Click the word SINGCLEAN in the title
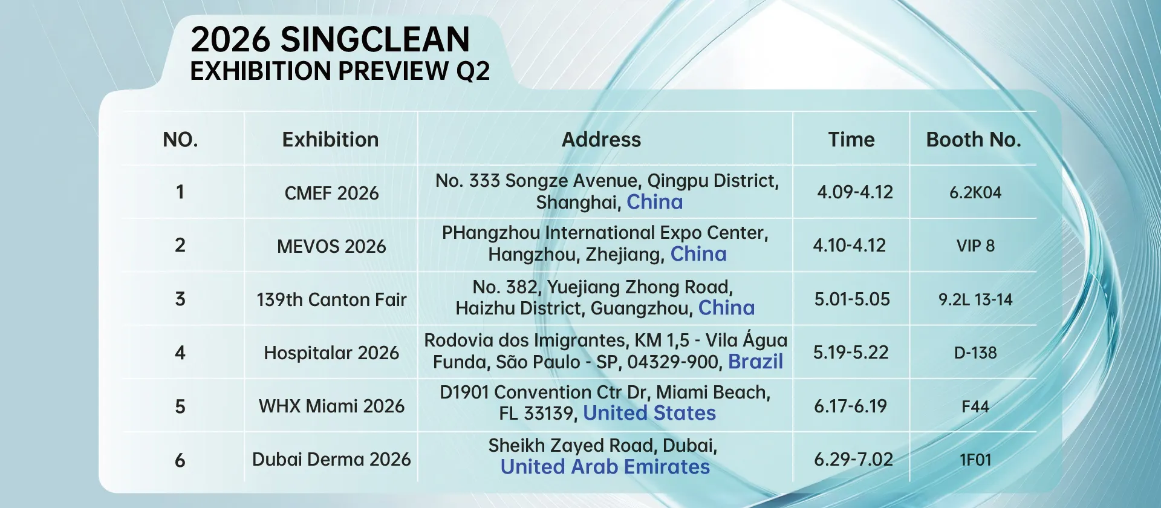pos(375,40)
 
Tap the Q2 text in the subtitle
pos(473,71)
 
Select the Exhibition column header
pos(330,140)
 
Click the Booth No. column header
pos(974,140)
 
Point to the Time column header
pos(851,140)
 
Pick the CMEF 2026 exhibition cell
pos(331,193)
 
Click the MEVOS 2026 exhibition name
pos(331,246)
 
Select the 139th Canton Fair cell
pos(331,299)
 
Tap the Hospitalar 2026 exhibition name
pos(331,353)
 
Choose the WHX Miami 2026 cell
pos(331,406)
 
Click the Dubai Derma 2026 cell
pos(331,459)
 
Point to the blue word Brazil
pos(756,362)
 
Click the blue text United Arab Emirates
pos(605,467)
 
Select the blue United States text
pos(649,413)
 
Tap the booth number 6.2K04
pos(975,192)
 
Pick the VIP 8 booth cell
pos(975,246)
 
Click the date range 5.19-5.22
pos(851,352)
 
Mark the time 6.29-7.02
pos(853,459)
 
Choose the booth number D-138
pos(975,353)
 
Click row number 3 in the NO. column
pos(180,299)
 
